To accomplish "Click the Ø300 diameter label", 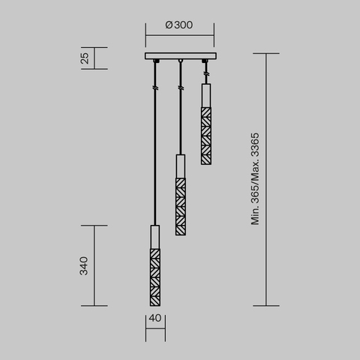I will point(179,25).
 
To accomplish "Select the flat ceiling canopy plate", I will point(179,57).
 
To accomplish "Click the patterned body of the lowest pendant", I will point(154,276).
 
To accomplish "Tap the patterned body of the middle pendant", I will point(180,206).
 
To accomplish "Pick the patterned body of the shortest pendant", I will point(205,134).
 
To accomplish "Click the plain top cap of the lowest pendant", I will point(154,235).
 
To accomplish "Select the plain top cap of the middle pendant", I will point(180,166).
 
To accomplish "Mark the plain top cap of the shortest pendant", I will point(205,94).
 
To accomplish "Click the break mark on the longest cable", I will point(154,88).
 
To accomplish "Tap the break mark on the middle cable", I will point(180,88).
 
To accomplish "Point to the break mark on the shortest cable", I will point(205,75).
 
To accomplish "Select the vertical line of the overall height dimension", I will point(267,179).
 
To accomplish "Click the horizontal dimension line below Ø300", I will point(179,34).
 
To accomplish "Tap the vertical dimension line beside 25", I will point(94,58).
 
